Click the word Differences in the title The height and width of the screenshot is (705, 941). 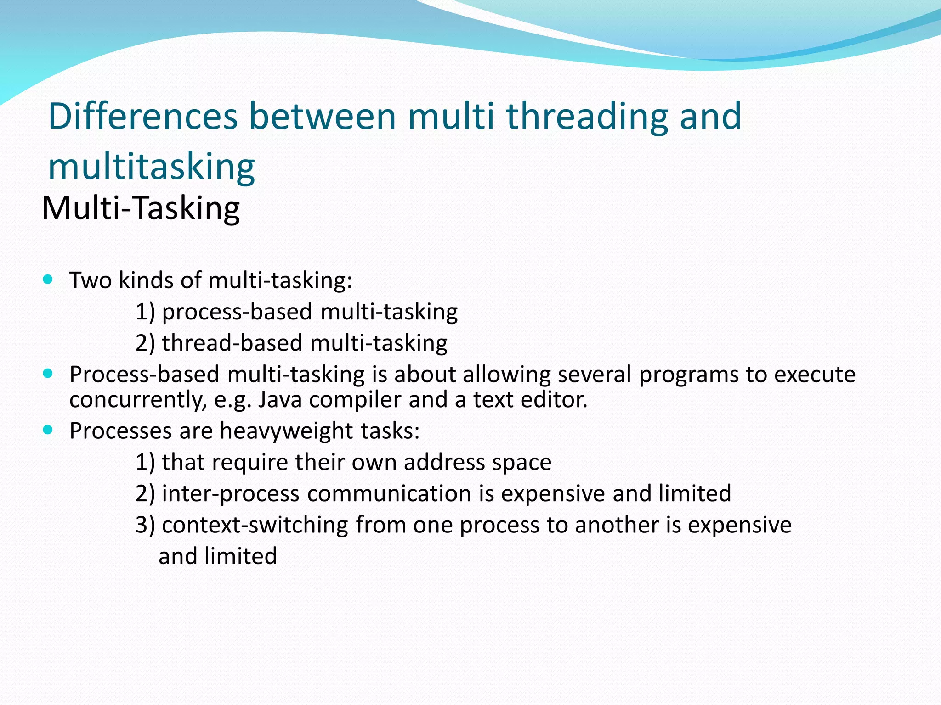(x=143, y=116)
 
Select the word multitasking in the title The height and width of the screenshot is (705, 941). (x=151, y=167)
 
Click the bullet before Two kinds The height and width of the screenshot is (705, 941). (x=48, y=279)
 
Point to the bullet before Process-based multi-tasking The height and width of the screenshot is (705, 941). (x=48, y=373)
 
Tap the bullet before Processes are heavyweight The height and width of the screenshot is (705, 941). (x=48, y=430)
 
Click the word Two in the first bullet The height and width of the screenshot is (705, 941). (x=90, y=280)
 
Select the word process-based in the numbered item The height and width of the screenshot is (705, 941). (x=237, y=312)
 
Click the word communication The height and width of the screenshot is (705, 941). (x=389, y=493)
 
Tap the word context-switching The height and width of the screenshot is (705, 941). (x=255, y=525)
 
